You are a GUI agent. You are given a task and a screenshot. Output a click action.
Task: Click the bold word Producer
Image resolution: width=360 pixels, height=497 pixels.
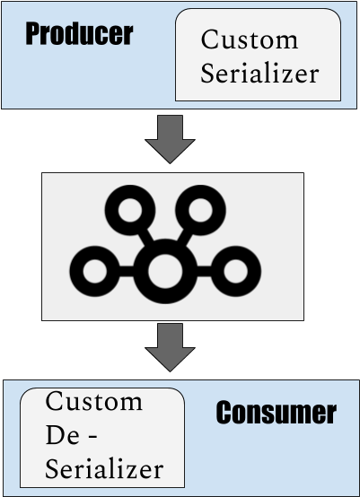click(x=79, y=34)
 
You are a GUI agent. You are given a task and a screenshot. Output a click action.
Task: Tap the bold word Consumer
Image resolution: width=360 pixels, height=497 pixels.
click(x=276, y=412)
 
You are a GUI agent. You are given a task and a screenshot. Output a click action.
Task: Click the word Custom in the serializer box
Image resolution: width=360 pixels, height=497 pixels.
click(x=250, y=39)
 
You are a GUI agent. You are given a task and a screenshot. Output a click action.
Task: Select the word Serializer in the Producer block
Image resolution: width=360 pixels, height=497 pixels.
click(x=259, y=74)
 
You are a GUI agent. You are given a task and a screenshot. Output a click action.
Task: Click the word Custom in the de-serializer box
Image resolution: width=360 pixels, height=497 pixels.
click(x=94, y=401)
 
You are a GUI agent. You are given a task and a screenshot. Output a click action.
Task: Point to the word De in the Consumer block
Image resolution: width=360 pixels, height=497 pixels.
click(x=62, y=435)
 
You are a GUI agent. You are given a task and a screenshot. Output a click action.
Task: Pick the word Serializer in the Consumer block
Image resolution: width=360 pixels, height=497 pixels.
click(x=104, y=469)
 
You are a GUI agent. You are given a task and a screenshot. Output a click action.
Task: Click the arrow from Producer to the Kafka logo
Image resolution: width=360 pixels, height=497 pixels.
click(x=170, y=139)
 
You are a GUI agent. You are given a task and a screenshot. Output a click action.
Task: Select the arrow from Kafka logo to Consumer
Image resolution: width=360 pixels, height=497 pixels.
click(x=170, y=347)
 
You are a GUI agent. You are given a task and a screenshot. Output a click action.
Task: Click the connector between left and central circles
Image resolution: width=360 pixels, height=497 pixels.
click(x=127, y=271)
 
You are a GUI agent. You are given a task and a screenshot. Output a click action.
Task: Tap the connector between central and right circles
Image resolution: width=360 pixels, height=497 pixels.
click(x=204, y=271)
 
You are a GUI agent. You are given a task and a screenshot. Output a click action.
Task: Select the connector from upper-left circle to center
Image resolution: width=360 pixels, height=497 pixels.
click(x=146, y=238)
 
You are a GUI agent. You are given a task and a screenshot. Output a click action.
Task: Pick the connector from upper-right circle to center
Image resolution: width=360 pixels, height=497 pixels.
click(x=185, y=238)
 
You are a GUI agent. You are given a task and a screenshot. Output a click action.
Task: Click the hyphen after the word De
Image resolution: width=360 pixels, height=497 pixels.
click(x=92, y=438)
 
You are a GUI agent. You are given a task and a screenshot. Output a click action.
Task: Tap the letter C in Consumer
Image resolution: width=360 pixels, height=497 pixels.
click(x=224, y=412)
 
